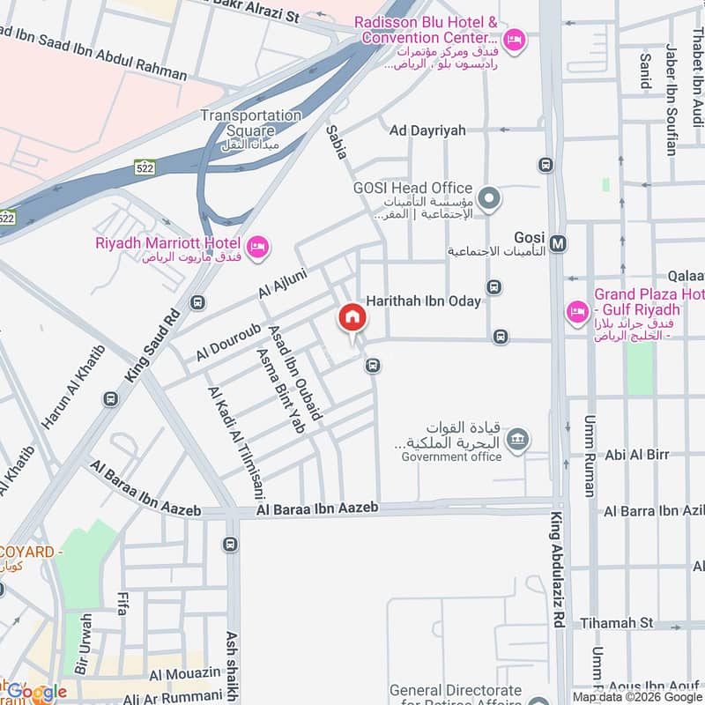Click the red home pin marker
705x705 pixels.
(352, 318)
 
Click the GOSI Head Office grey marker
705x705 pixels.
(490, 198)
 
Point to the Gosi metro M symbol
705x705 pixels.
(557, 241)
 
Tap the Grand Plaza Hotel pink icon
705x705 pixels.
(578, 311)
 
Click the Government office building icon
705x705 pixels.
(519, 438)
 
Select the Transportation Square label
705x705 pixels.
(250, 122)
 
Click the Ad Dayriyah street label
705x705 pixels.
(427, 130)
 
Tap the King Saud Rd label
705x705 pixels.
(152, 345)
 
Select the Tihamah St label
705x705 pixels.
(617, 623)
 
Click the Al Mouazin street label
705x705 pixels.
(185, 674)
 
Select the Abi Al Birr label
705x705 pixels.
(637, 455)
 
